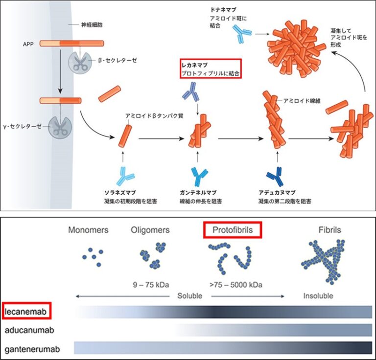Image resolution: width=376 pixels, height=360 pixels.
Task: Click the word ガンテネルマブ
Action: (197, 192)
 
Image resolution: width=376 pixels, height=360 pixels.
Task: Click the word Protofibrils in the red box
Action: (233, 229)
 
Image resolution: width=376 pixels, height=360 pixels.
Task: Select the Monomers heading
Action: (89, 230)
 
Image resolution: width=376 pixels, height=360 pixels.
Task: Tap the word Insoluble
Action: (318, 296)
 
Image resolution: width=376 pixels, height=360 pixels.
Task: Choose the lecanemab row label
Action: (27, 311)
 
